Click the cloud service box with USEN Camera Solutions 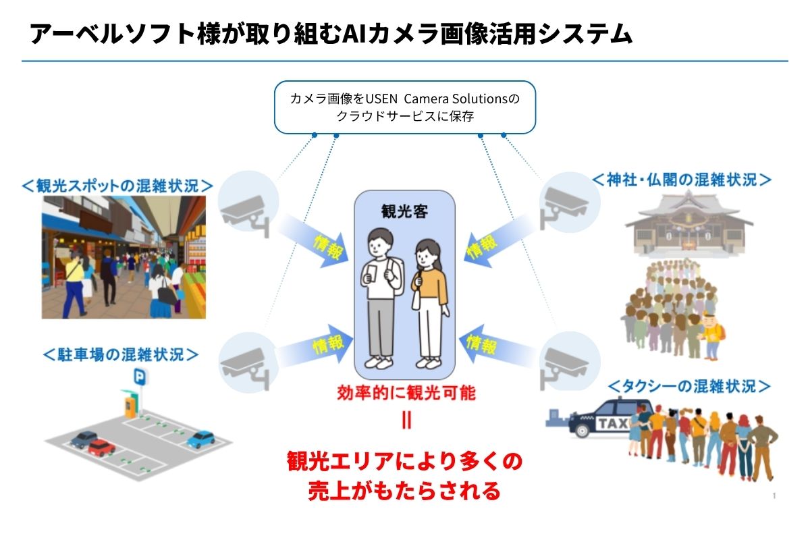[x=404, y=107]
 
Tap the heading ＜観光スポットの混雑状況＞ [x=117, y=186]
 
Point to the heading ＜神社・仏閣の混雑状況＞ [x=682, y=180]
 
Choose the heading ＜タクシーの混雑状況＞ [x=689, y=386]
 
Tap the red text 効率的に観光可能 [x=406, y=393]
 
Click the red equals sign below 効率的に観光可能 [x=406, y=421]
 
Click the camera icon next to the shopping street [x=246, y=203]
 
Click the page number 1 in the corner [x=774, y=497]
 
